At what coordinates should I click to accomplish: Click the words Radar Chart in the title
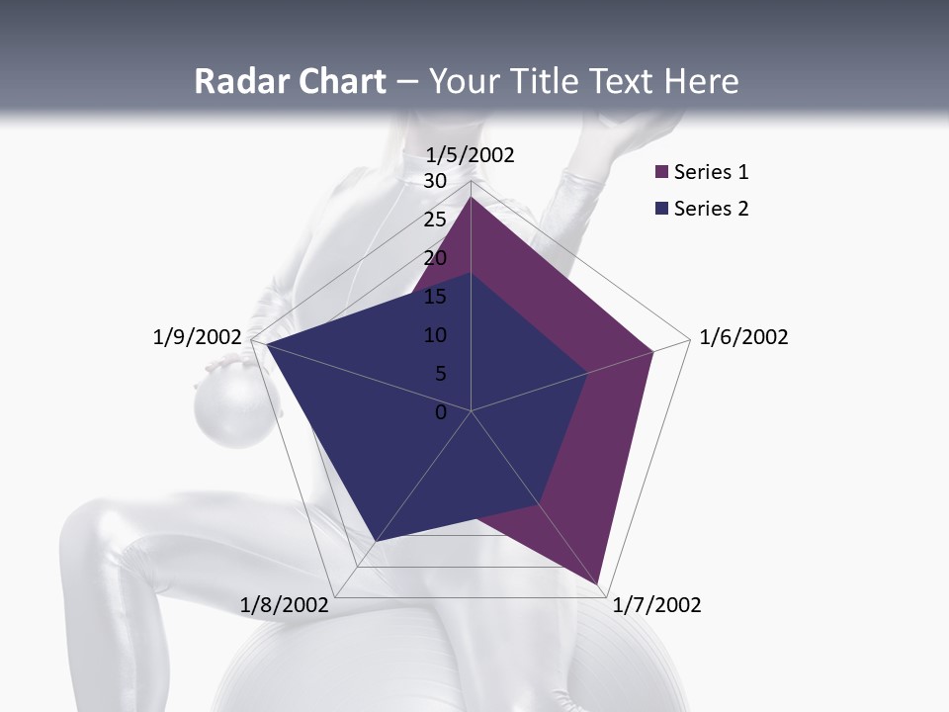(x=290, y=81)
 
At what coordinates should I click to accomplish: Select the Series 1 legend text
(x=711, y=172)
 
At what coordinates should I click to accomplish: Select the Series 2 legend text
(x=711, y=209)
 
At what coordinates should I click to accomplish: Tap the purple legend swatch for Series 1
(x=661, y=173)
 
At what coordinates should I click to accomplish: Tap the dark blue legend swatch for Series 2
(x=661, y=209)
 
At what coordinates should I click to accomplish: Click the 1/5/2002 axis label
(x=471, y=154)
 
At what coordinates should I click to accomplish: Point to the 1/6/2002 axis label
(x=743, y=337)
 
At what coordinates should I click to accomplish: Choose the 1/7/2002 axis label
(x=656, y=605)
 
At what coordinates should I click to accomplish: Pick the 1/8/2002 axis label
(x=285, y=605)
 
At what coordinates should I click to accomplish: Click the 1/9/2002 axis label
(x=198, y=337)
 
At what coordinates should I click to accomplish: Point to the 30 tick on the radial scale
(x=435, y=181)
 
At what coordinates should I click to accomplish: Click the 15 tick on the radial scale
(x=435, y=297)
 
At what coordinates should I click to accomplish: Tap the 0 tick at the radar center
(x=441, y=412)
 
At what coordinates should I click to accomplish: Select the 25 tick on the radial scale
(x=435, y=220)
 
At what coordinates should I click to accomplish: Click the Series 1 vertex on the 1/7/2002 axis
(x=599, y=583)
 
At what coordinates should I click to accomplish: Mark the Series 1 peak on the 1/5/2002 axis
(x=471, y=198)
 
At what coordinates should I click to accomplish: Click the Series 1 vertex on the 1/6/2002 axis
(x=652, y=351)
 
